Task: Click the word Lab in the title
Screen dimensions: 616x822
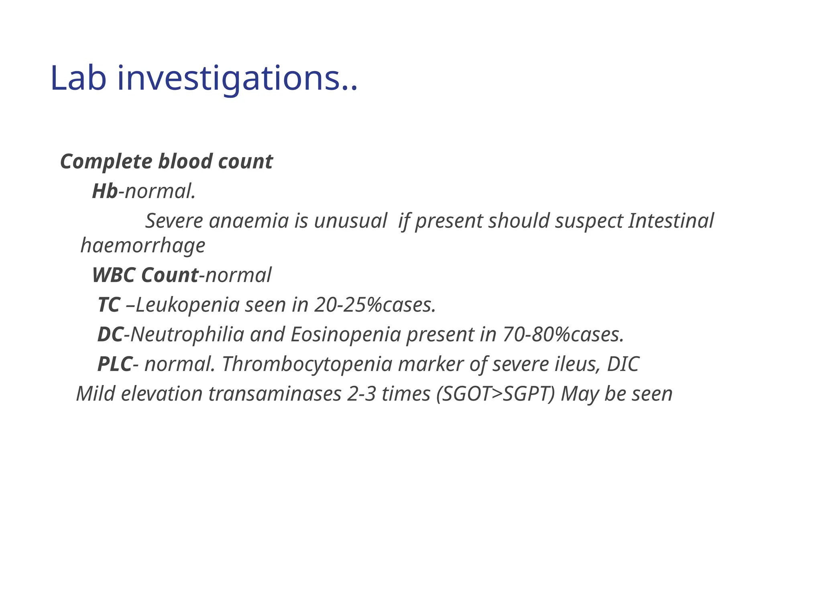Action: [x=78, y=78]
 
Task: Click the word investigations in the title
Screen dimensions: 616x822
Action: [x=233, y=78]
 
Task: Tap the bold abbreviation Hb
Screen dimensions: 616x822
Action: [x=105, y=191]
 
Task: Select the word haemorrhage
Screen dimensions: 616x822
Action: [x=143, y=245]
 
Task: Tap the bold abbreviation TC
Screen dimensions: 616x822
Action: [x=109, y=305]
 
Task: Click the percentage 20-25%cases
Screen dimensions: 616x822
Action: [x=375, y=305]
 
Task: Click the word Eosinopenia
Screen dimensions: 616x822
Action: [x=346, y=334]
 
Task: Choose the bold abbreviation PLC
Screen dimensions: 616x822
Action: [x=115, y=364]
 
